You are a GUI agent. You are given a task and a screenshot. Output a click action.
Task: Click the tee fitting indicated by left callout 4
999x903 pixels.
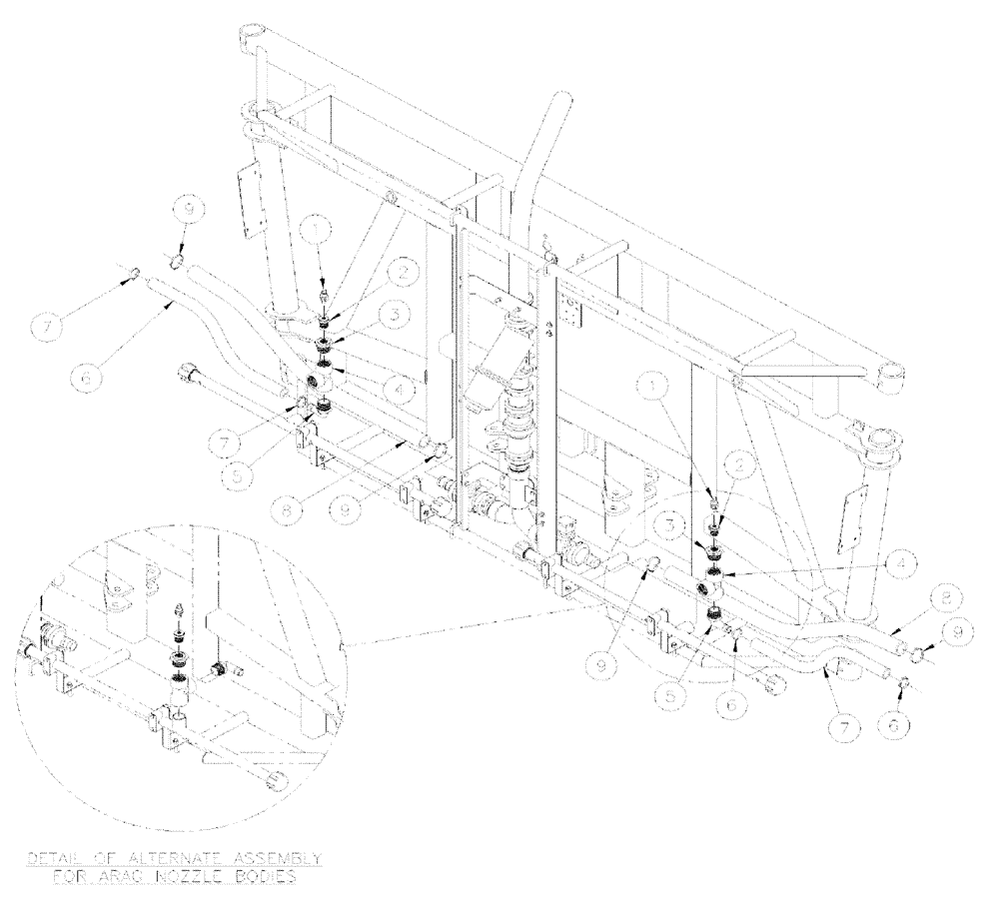pos(323,383)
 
